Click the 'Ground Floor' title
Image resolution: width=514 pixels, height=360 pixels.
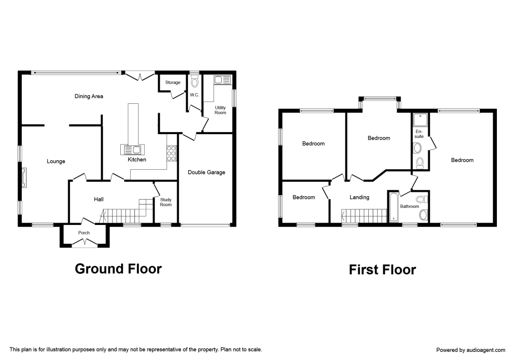click(x=118, y=269)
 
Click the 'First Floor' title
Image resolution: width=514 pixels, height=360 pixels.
click(x=382, y=270)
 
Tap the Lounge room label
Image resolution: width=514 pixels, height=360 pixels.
click(x=56, y=162)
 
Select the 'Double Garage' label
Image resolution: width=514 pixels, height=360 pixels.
click(x=206, y=172)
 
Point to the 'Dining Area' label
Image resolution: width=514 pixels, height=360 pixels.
click(x=89, y=96)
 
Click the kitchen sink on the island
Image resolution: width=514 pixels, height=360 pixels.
click(x=133, y=150)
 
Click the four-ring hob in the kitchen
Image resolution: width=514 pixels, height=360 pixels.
click(x=171, y=153)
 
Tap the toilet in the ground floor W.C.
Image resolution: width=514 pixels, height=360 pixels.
click(x=195, y=81)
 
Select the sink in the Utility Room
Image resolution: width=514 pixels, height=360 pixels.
click(x=222, y=80)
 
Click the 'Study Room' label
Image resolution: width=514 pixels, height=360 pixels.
click(x=166, y=202)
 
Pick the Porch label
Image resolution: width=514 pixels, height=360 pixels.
click(x=84, y=233)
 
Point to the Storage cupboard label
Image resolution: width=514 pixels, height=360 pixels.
click(x=173, y=82)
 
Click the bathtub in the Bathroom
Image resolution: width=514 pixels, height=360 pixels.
click(x=393, y=207)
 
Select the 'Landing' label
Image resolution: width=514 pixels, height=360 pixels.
click(x=359, y=198)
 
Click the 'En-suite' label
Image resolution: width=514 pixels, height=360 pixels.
click(x=419, y=134)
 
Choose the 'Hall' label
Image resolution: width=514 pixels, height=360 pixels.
click(x=99, y=199)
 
